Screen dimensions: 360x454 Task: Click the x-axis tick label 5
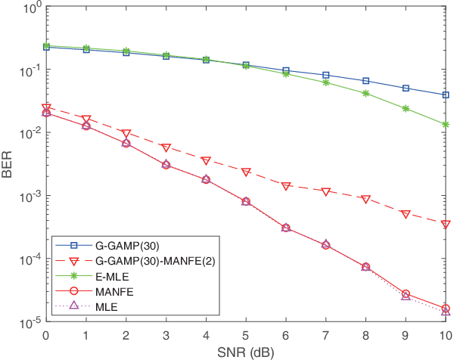pyautogui.click(x=246, y=335)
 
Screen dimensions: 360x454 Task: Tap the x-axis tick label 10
pyautogui.click(x=444, y=335)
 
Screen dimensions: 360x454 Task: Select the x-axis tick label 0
pyautogui.click(x=46, y=335)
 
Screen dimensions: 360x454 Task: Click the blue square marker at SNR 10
pyautogui.click(x=446, y=95)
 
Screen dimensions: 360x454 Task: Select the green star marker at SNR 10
pyautogui.click(x=446, y=124)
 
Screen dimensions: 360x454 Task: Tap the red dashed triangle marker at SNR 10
pyautogui.click(x=446, y=225)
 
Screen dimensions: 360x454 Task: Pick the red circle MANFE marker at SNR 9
pyautogui.click(x=406, y=293)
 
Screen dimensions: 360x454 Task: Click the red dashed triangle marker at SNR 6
pyautogui.click(x=286, y=186)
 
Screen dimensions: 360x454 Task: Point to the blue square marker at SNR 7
pyautogui.click(x=326, y=75)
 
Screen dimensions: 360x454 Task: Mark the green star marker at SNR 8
pyautogui.click(x=366, y=93)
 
